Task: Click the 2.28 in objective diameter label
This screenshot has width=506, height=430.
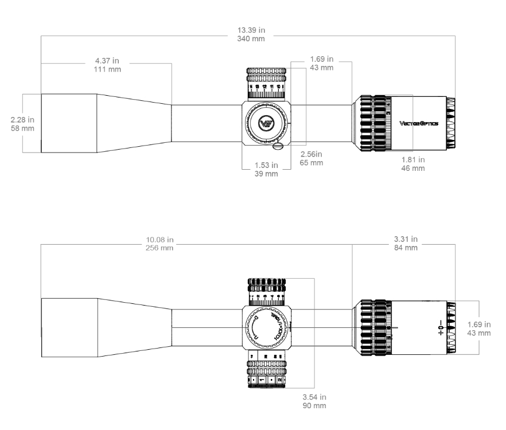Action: [22, 120]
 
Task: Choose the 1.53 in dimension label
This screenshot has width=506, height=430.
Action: [266, 166]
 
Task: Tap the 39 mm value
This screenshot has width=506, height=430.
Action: [266, 174]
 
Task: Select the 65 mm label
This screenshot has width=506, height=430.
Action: [312, 163]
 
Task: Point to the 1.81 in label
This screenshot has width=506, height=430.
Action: [414, 160]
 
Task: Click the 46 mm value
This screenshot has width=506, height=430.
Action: [414, 169]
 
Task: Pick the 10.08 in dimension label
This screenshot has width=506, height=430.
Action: [159, 239]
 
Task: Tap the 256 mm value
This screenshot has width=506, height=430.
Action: [159, 248]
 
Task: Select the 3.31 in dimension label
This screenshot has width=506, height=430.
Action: [405, 239]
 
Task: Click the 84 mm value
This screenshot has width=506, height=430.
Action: [405, 248]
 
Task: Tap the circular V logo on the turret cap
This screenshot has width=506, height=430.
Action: [266, 123]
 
